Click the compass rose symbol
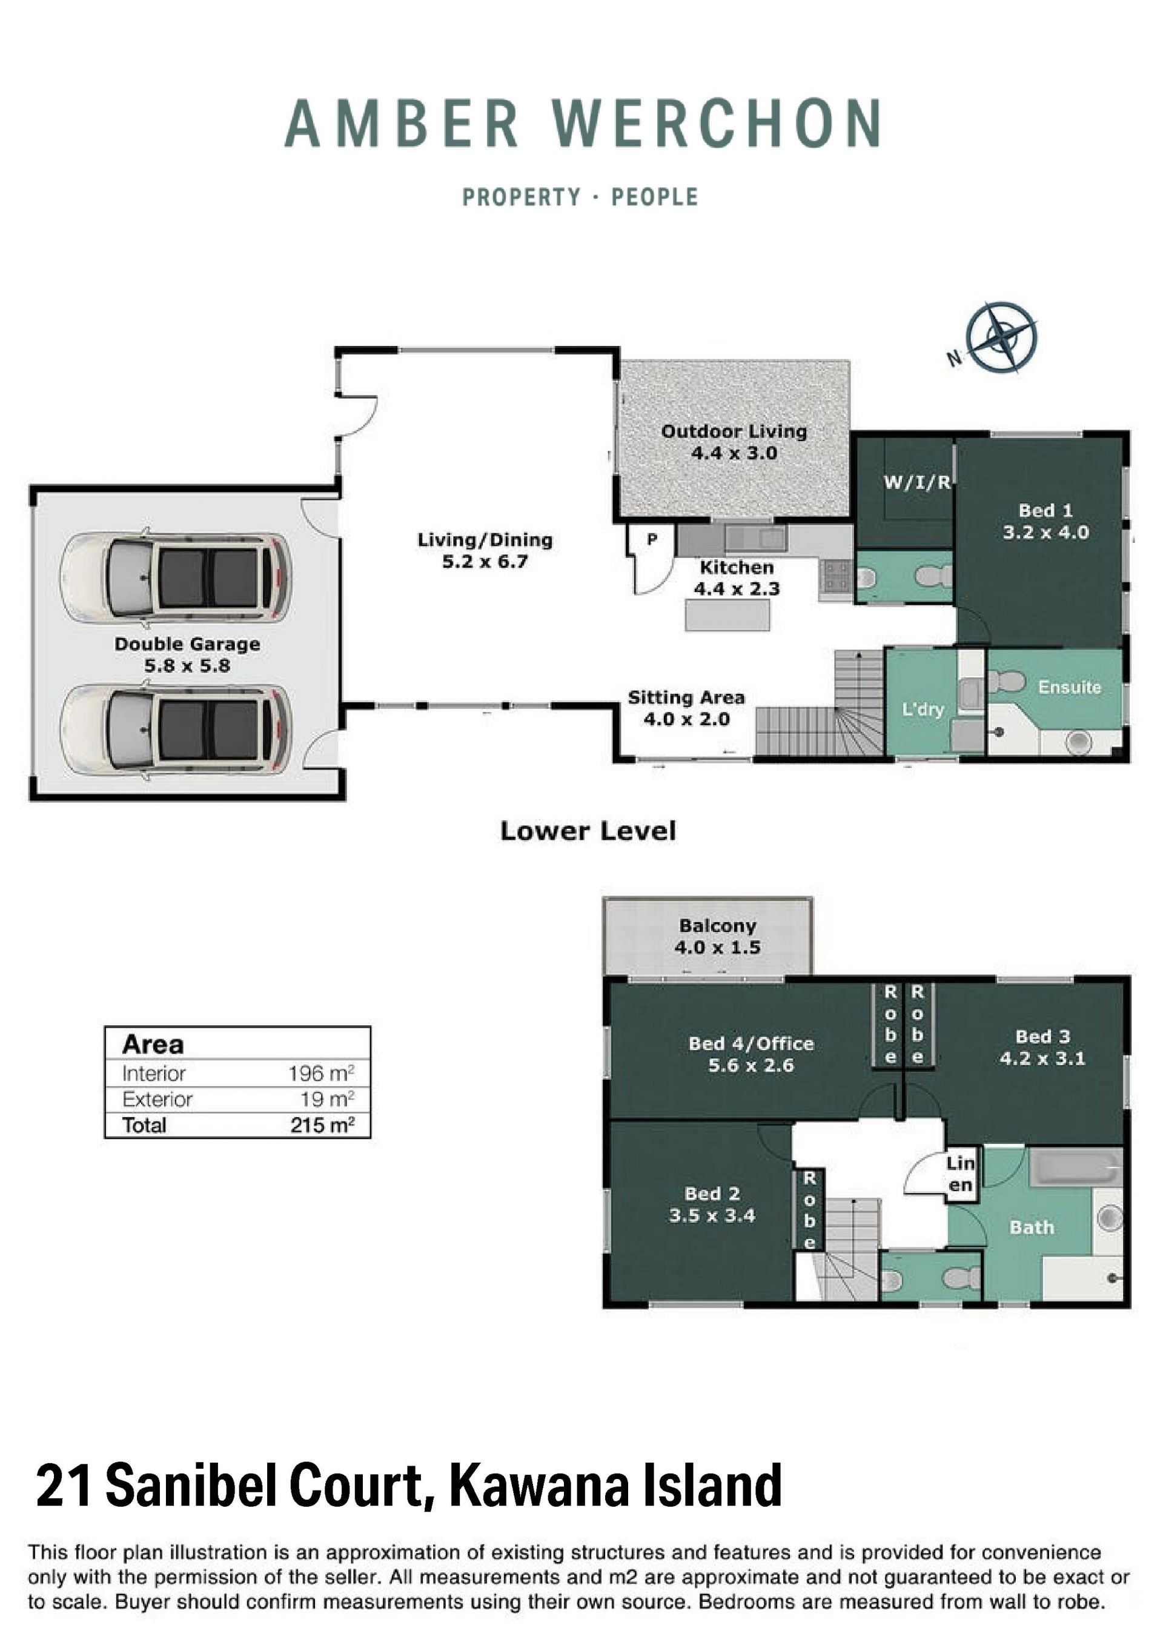(1001, 337)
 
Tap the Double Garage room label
(188, 644)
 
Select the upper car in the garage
(176, 577)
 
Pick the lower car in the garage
(176, 730)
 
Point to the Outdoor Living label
(734, 431)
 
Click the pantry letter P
(652, 539)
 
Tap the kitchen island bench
(727, 616)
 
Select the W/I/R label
(917, 482)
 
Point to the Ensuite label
(1069, 687)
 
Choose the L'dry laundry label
(923, 710)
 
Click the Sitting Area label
(686, 698)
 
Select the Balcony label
(718, 926)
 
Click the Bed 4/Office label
(751, 1043)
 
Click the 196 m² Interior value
(322, 1073)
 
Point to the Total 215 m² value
(322, 1125)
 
